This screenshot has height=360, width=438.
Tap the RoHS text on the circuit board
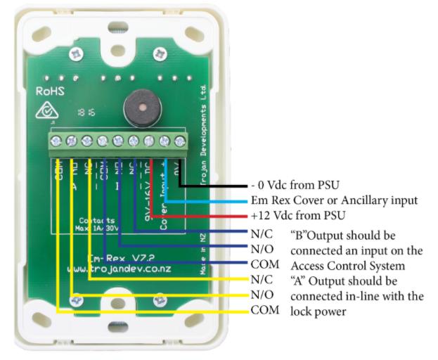(x=51, y=90)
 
